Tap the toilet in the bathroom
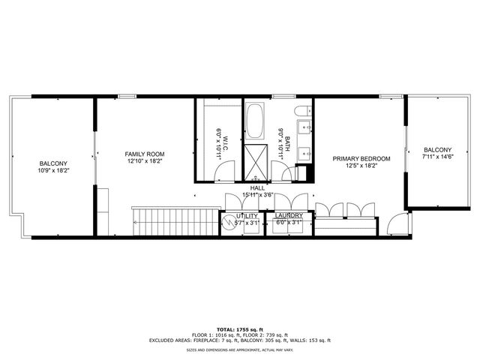point(302,113)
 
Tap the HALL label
point(257,188)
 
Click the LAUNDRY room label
point(287,216)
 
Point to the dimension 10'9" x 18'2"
point(53,171)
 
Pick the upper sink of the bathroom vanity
point(305,128)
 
